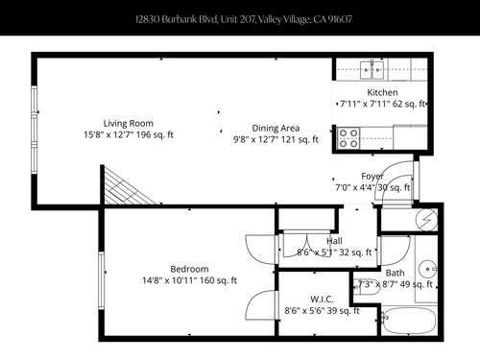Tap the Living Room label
pyautogui.click(x=129, y=123)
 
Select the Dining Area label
pyautogui.click(x=276, y=128)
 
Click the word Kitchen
pyautogui.click(x=382, y=92)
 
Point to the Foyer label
pyautogui.click(x=372, y=176)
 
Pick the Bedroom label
pyautogui.click(x=190, y=268)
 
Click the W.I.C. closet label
pyautogui.click(x=322, y=299)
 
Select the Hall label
pyautogui.click(x=334, y=241)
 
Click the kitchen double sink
pyautogui.click(x=372, y=69)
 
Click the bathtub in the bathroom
pyautogui.click(x=408, y=320)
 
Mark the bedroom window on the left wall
pyautogui.click(x=102, y=279)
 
